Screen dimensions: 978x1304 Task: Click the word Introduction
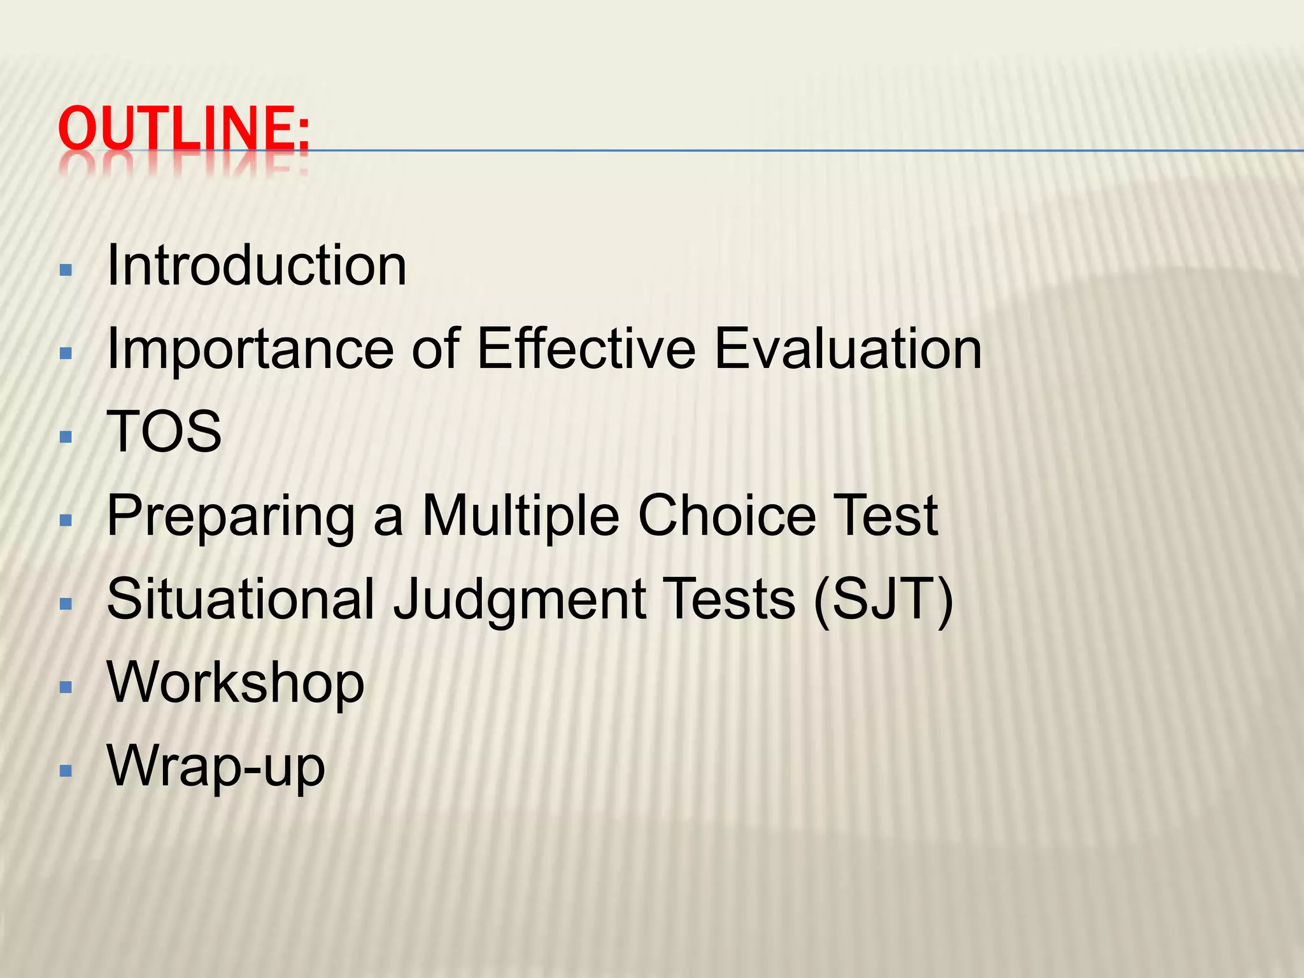pyautogui.click(x=257, y=266)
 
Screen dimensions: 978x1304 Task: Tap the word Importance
pyautogui.click(x=250, y=350)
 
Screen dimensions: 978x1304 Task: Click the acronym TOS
pyautogui.click(x=164, y=432)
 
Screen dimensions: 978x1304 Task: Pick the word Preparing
pyautogui.click(x=230, y=517)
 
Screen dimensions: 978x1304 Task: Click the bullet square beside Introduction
pyautogui.click(x=66, y=270)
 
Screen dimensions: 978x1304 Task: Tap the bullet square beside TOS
pyautogui.click(x=66, y=437)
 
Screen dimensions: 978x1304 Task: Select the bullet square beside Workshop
pyautogui.click(x=66, y=687)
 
